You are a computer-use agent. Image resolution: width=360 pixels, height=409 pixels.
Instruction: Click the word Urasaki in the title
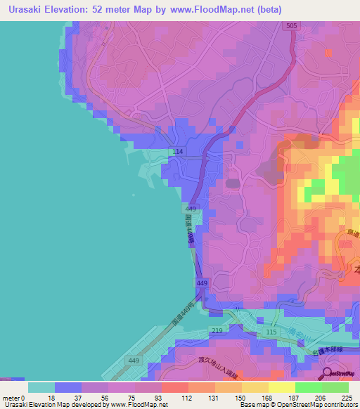pos(26,9)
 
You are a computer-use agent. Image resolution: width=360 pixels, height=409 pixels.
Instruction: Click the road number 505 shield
pos(290,26)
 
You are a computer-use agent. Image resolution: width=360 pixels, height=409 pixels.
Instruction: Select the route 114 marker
pos(179,152)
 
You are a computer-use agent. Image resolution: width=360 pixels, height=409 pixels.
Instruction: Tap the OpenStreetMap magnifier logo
pos(328,373)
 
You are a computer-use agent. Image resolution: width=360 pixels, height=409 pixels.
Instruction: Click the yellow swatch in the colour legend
pos(281,387)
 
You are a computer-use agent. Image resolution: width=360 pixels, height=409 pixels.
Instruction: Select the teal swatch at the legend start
pos(41,387)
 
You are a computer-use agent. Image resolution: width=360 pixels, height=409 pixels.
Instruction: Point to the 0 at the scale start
pos(24,398)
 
